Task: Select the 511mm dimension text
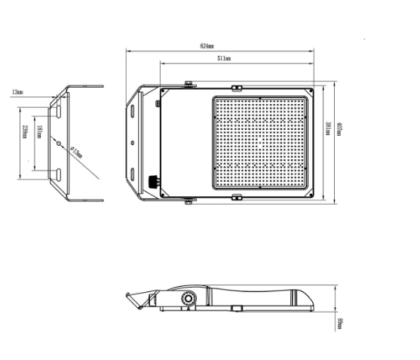[224, 58]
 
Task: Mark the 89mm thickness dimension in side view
[339, 323]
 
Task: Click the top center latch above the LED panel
[237, 85]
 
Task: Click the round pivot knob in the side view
[185, 300]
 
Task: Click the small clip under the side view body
[237, 308]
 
